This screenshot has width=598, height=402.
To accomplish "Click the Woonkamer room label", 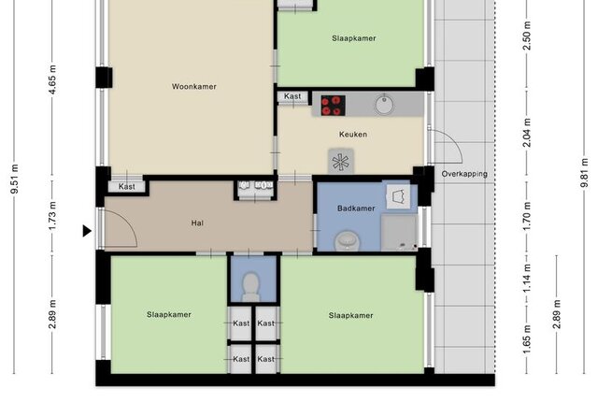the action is (194, 87).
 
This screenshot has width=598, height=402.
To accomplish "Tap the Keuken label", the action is (353, 135).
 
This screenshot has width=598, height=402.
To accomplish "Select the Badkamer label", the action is (356, 208).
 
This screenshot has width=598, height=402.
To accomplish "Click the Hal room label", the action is (197, 223).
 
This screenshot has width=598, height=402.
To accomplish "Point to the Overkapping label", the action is (464, 174).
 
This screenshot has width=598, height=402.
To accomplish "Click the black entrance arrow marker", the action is (87, 231).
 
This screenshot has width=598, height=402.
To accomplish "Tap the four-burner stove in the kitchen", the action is (333, 106).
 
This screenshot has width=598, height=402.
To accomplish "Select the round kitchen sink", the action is (384, 104).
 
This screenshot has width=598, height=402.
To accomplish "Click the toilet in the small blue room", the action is (251, 287).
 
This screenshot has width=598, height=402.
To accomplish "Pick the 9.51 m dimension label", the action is (15, 179).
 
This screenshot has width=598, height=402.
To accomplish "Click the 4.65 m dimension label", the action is (52, 79).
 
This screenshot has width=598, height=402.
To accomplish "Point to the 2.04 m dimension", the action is (527, 133).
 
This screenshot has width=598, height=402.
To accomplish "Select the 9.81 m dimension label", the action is (584, 174).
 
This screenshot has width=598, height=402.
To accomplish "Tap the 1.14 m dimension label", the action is (527, 279).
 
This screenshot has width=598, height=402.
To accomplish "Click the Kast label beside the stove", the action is (292, 96).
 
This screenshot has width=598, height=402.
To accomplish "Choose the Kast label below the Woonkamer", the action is (127, 186).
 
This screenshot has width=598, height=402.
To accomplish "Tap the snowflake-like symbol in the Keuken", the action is (340, 162).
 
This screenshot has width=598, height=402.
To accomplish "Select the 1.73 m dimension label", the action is (52, 216).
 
